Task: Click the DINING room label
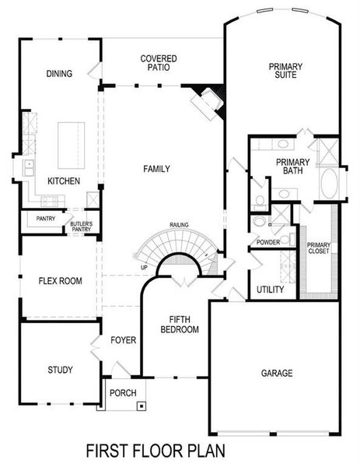59,74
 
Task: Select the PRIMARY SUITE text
285,72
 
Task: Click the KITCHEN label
64,181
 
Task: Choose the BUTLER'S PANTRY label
82,226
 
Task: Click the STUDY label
60,369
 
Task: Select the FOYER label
123,340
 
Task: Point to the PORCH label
122,392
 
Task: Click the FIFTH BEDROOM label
180,325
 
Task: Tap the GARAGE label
276,374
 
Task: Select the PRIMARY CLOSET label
319,248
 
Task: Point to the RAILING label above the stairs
180,226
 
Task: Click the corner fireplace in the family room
208,101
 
